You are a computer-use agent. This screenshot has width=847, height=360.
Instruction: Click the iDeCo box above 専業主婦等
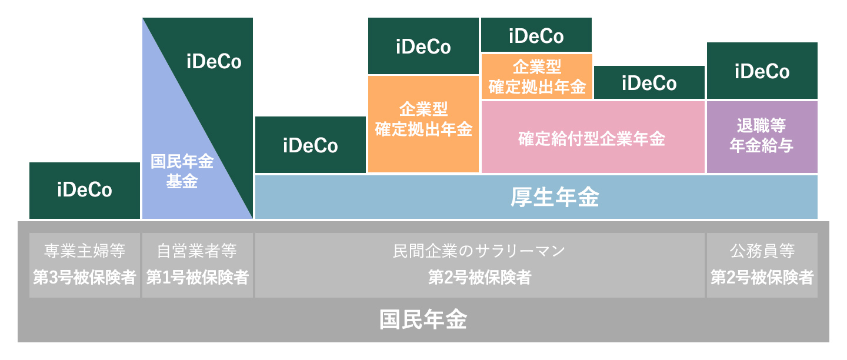(x=85, y=191)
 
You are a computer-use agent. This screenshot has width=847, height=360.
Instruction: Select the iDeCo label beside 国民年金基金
(x=214, y=62)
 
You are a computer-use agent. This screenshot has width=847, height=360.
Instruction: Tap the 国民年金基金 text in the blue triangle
(x=182, y=171)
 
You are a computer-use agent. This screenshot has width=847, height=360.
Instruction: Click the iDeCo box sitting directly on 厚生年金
(x=311, y=145)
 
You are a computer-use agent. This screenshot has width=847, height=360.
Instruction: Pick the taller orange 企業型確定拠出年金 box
(x=423, y=124)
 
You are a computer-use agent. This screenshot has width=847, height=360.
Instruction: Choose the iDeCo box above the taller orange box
(x=423, y=46)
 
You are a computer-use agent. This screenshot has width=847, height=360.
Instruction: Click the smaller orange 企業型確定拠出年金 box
(x=536, y=76)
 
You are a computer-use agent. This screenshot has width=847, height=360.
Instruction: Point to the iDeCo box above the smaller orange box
(x=536, y=35)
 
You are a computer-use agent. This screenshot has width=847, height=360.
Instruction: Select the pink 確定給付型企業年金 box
(x=593, y=137)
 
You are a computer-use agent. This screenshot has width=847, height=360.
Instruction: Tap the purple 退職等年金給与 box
(x=762, y=137)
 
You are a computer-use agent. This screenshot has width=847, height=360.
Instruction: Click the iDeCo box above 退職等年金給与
(x=762, y=71)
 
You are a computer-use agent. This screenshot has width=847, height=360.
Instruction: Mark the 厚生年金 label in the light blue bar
(x=555, y=197)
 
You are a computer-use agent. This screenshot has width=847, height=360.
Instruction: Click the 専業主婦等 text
(x=85, y=251)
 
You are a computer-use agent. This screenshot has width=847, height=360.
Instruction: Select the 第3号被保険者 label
(x=85, y=277)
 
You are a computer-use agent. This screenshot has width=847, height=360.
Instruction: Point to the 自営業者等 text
(x=197, y=251)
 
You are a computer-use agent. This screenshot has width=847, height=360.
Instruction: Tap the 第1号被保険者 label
(x=198, y=277)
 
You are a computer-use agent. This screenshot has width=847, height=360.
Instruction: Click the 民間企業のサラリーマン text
(x=479, y=251)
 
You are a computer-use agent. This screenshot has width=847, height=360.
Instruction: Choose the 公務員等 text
(x=762, y=251)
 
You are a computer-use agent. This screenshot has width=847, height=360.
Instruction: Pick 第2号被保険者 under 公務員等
(x=762, y=277)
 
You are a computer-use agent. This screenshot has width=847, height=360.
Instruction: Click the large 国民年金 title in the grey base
(x=423, y=319)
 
